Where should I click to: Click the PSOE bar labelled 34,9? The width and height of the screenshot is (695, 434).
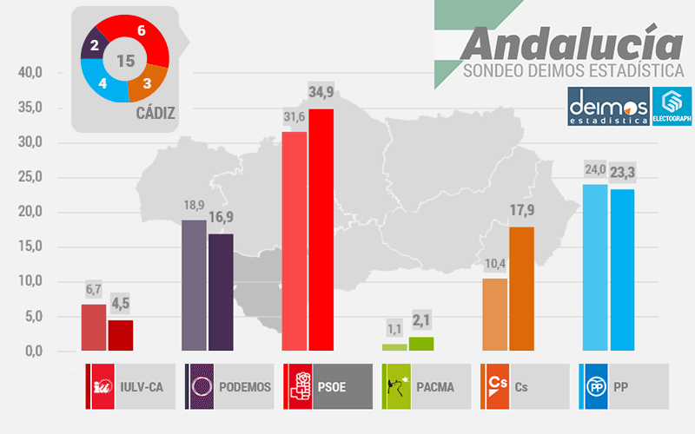tap(321, 230)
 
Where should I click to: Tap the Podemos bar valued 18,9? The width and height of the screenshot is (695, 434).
tap(194, 286)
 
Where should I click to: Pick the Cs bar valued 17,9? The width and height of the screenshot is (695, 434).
tap(521, 289)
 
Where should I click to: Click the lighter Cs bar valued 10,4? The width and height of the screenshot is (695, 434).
tap(494, 315)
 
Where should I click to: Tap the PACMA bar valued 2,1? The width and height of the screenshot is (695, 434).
tap(421, 344)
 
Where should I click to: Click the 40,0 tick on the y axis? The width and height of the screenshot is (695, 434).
tap(30, 74)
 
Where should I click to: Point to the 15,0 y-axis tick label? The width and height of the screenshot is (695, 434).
tap(30, 247)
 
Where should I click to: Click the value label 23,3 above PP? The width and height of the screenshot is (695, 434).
tap(623, 173)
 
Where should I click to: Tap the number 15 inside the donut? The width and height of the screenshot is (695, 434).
tap(125, 61)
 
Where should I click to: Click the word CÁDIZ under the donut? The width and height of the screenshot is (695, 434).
tap(156, 112)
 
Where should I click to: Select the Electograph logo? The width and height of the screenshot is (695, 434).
tap(672, 106)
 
